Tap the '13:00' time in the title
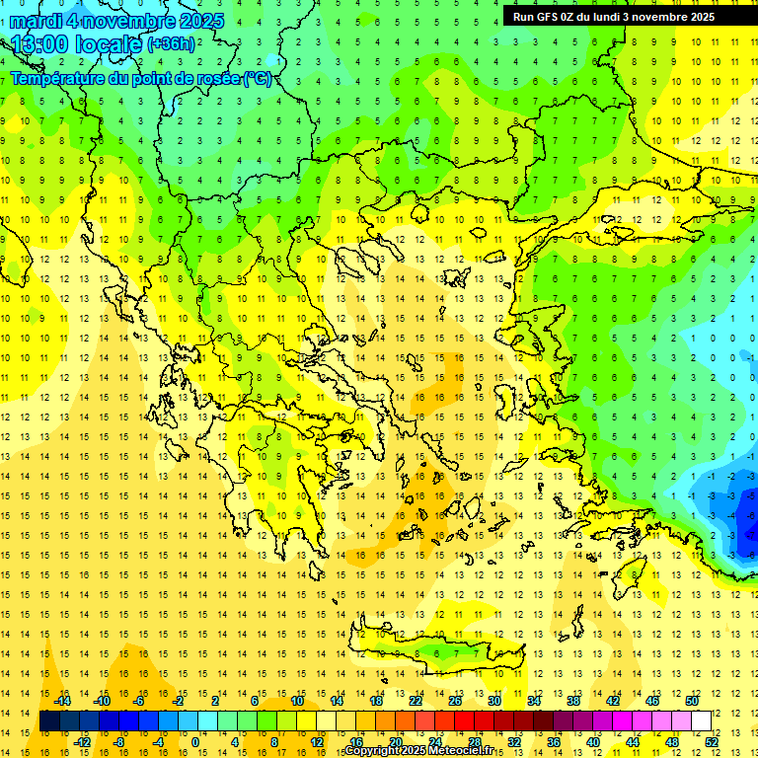point(40,44)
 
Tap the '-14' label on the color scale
point(64,702)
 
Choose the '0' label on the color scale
point(195,742)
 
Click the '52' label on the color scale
point(712,742)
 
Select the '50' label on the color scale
point(692,702)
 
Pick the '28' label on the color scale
point(475,742)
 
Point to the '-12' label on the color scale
point(83,742)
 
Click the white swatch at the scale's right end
point(702,721)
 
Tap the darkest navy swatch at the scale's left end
point(49,721)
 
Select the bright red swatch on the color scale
point(465,721)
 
